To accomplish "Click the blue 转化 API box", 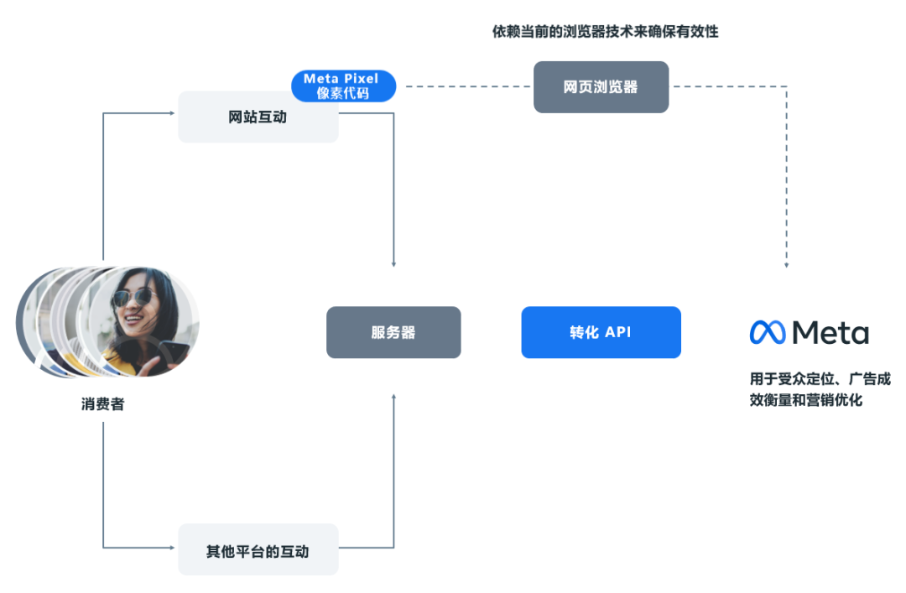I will click(x=601, y=332).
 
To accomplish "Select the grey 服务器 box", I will click(x=393, y=332).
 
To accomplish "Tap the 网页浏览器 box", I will click(x=601, y=87).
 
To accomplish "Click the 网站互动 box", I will click(x=258, y=117).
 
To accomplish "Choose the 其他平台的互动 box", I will click(x=258, y=550).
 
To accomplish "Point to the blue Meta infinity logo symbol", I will click(x=767, y=332).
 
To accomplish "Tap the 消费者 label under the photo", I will click(x=102, y=404).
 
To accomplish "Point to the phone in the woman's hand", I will click(x=172, y=351).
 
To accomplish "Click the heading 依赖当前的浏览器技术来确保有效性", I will click(x=605, y=32).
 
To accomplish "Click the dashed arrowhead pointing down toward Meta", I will click(x=786, y=265).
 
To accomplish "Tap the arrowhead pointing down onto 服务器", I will click(x=393, y=264).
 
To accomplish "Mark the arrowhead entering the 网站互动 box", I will click(x=174, y=114).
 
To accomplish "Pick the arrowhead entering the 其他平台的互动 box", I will click(x=174, y=548).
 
